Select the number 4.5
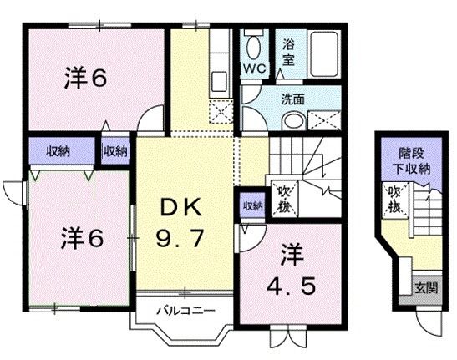point(292,287)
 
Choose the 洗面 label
point(292,98)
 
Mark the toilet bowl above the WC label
point(252,44)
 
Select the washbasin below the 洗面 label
point(290,120)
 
